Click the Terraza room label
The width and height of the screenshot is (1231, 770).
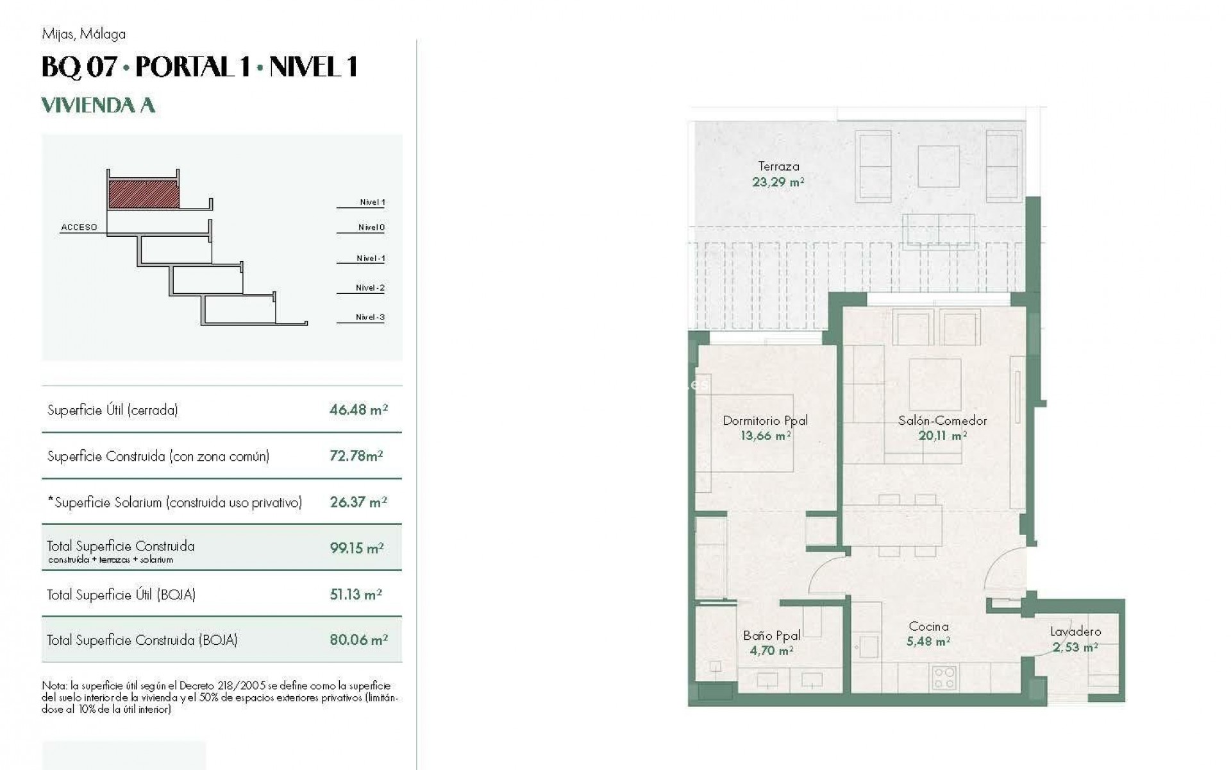[778, 166]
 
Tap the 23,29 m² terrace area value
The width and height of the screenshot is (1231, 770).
[778, 182]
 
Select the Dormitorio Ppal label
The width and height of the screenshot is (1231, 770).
[765, 421]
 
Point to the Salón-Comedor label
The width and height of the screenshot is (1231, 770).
[942, 421]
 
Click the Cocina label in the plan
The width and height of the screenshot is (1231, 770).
[928, 626]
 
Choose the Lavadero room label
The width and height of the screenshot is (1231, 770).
[1075, 632]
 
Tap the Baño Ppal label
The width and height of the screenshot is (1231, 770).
[771, 635]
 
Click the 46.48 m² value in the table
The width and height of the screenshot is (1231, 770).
[358, 410]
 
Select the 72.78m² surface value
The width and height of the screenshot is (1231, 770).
[356, 456]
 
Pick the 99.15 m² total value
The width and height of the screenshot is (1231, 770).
[356, 548]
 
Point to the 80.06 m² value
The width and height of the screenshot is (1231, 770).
[358, 640]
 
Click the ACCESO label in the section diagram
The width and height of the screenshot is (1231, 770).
[79, 227]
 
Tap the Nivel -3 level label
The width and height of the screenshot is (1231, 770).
[370, 317]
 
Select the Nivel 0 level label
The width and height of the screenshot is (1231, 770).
[371, 227]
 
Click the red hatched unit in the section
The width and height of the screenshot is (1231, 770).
[144, 194]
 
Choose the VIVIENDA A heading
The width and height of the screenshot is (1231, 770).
[98, 105]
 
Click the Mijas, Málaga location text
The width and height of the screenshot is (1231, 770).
[83, 34]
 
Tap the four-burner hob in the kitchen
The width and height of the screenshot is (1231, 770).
[944, 678]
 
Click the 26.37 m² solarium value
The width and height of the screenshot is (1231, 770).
[358, 502]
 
